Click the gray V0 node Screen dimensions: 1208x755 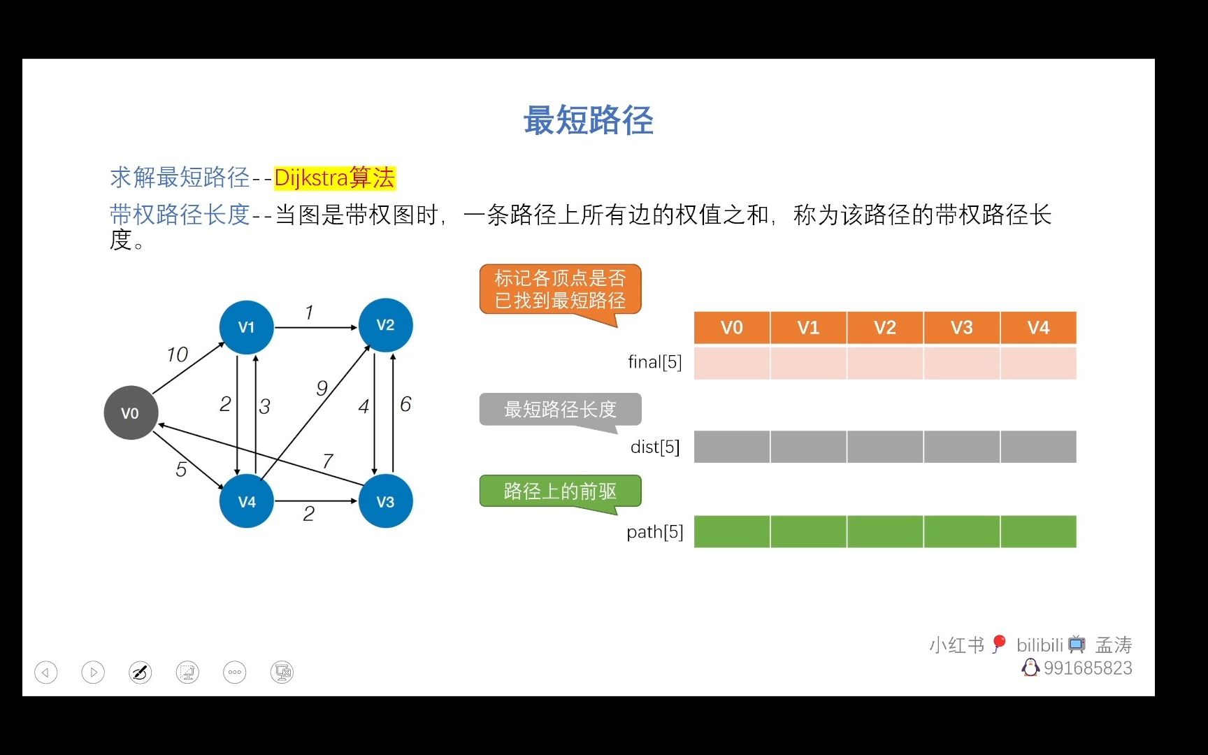131,412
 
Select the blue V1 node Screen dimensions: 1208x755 246,327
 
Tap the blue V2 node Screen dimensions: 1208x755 385,325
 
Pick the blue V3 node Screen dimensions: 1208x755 385,501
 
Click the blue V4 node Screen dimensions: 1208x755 246,501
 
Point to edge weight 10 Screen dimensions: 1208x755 178,354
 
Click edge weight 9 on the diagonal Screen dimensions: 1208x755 322,388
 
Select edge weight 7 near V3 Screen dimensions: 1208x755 328,461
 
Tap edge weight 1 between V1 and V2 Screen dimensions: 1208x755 309,312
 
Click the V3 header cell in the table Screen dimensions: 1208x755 962,328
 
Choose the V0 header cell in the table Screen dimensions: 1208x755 732,328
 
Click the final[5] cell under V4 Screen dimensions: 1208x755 1039,363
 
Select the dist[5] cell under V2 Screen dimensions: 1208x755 885,447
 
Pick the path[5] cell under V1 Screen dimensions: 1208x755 809,532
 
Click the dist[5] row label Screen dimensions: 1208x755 655,447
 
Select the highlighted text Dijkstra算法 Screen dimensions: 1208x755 335,178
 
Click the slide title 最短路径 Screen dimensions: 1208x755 589,120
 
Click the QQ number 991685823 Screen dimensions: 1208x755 1088,668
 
